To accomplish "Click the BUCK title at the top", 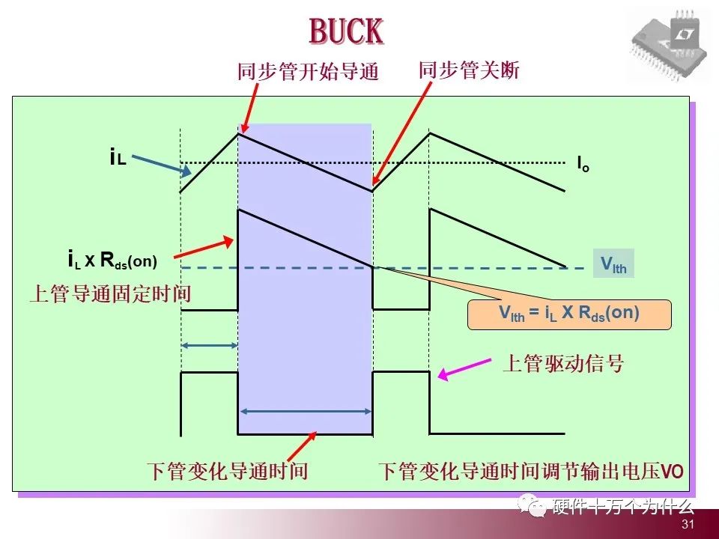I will coord(346,31).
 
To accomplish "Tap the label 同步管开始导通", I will coord(308,72).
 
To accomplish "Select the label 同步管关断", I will coord(468,70).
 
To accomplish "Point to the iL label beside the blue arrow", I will coord(118,158).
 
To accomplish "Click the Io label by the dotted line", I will coord(583,163).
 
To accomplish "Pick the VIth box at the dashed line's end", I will coord(613,264).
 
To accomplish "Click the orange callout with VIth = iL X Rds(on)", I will coord(569,314).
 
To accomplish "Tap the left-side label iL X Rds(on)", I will coord(112,261).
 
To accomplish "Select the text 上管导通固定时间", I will coord(109,293).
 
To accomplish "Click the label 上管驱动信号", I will coord(562,365).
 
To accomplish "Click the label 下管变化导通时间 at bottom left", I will coord(227,472).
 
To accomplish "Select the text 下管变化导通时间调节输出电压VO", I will coord(530,472).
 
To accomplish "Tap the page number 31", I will coord(688,525).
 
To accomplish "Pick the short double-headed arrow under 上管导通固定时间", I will coord(210,345).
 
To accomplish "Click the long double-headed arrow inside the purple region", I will coord(305,410).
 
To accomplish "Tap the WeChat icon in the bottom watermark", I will coord(536,508).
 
